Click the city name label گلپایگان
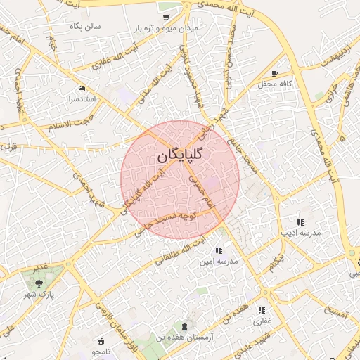click(x=180, y=156)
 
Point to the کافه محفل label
click(x=274, y=84)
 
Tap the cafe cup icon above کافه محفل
click(x=274, y=73)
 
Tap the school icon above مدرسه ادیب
click(x=300, y=221)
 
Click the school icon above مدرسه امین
click(x=219, y=250)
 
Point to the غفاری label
click(x=262, y=321)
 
